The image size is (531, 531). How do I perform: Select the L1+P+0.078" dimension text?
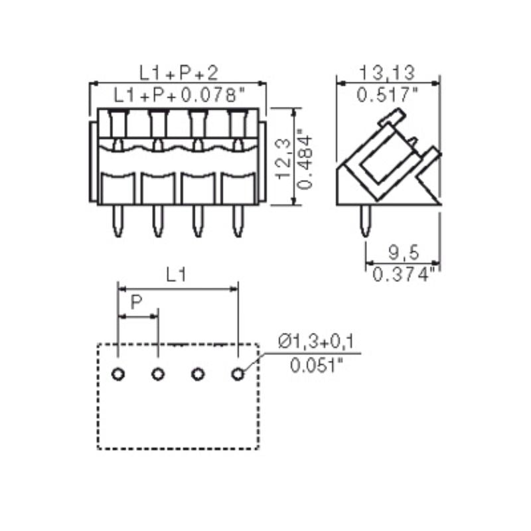click(179, 95)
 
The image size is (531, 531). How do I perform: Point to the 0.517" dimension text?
click(388, 95)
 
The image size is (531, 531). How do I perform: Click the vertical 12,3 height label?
click(283, 158)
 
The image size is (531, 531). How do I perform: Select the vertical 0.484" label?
click(305, 158)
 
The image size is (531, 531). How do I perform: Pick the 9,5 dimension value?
click(404, 252)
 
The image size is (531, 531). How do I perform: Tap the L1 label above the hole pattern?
click(175, 276)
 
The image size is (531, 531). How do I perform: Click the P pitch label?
click(136, 303)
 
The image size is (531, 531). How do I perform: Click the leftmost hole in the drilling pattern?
click(117, 374)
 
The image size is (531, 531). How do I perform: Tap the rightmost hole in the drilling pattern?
click(237, 374)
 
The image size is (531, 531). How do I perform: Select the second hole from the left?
click(157, 374)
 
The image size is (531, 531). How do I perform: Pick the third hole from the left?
click(197, 374)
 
